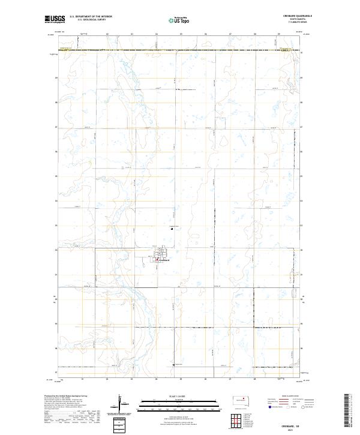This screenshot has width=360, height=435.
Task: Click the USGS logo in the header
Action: tap(55, 19)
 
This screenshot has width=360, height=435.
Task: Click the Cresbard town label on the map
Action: tap(164, 260)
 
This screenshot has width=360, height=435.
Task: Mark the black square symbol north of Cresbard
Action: tap(173, 229)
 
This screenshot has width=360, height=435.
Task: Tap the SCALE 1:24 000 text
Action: tap(172, 396)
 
